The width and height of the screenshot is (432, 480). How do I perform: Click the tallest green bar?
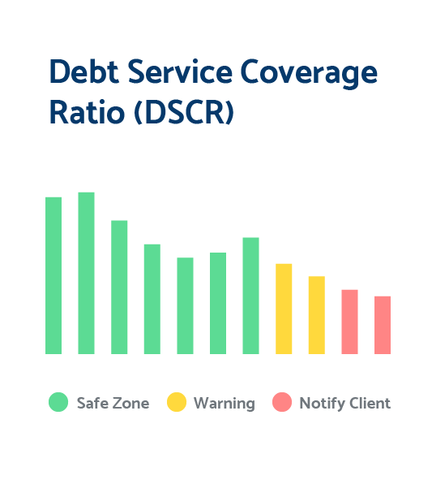tap(86, 273)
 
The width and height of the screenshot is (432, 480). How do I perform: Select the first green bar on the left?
tap(53, 275)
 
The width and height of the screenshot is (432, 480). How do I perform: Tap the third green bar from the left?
tap(119, 288)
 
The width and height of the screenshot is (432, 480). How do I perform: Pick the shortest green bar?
tap(185, 306)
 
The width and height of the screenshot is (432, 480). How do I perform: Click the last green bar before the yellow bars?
tap(250, 296)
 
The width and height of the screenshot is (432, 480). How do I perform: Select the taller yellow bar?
tap(284, 309)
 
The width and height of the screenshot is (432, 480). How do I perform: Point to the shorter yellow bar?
tap(317, 315)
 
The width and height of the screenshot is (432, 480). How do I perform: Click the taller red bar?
tap(349, 322)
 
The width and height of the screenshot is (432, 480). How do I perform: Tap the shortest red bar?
tap(383, 325)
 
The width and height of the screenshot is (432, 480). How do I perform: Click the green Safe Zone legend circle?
tap(58, 402)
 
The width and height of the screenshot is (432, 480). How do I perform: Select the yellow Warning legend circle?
tap(177, 402)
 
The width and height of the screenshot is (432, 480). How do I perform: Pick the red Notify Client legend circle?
tap(282, 402)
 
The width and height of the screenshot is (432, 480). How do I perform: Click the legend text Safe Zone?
tap(113, 403)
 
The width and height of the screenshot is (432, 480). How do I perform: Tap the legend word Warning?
tap(225, 404)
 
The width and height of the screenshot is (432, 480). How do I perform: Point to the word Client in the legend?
tap(370, 403)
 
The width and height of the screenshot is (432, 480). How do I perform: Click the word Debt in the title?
tap(84, 71)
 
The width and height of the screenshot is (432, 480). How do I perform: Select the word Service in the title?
tap(180, 71)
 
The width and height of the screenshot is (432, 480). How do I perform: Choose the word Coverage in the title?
tap(309, 74)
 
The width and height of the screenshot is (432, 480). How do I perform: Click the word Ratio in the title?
tap(87, 112)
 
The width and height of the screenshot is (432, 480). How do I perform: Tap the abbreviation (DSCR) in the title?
tap(184, 112)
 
